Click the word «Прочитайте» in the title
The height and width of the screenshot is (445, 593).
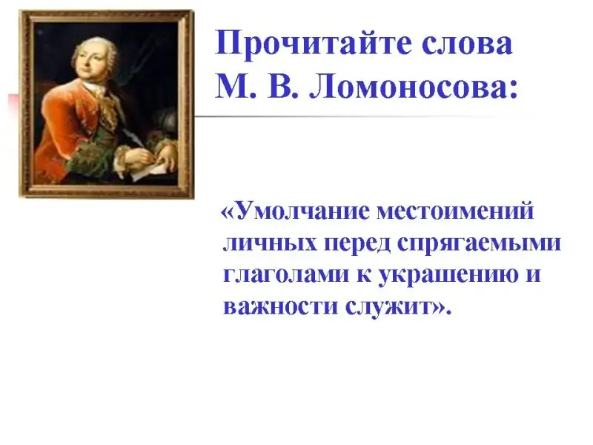click(311, 44)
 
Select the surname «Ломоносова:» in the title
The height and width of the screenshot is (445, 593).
click(414, 87)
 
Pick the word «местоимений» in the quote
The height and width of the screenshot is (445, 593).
click(455, 211)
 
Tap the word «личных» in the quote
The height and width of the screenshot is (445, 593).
click(270, 243)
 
